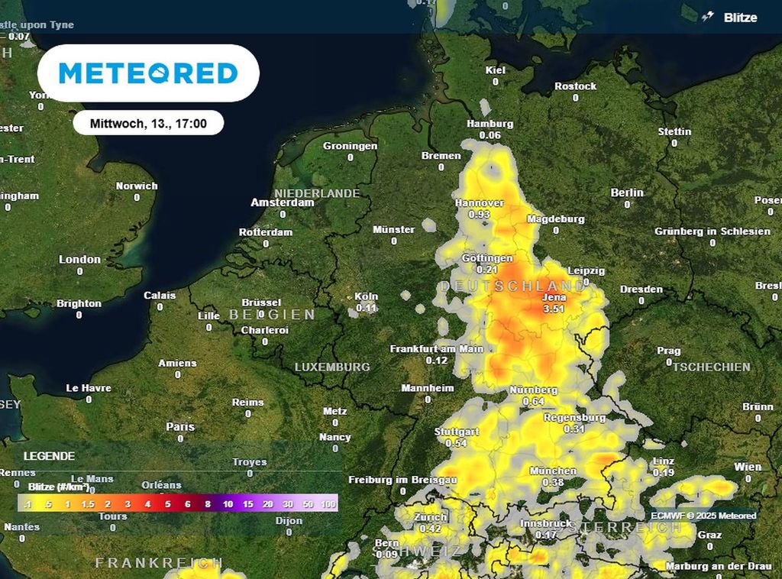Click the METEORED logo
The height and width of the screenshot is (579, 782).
148,73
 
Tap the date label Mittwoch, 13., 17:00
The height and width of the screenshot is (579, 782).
148,123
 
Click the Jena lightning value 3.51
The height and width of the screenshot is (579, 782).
554,309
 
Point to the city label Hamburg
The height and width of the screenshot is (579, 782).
490,124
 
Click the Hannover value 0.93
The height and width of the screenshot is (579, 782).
479,215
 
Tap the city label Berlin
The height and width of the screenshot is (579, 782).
627,192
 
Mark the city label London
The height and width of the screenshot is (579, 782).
80,260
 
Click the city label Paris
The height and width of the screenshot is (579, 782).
180,427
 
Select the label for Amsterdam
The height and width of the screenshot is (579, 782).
283,203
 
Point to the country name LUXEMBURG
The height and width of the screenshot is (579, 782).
332,367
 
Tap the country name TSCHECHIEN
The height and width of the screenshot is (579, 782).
711,367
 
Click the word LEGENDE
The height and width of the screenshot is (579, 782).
50,456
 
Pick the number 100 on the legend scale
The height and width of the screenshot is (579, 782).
329,505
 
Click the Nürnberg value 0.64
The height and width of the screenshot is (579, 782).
533,402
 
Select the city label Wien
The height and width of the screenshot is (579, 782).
748,467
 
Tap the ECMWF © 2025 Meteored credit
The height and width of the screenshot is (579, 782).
703,516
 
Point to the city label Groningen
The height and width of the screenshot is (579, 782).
350,146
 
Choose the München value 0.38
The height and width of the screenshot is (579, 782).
553,483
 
